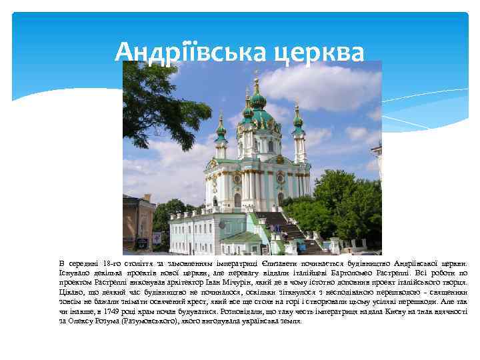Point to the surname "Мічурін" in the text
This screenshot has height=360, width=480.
click(x=235, y=283)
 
